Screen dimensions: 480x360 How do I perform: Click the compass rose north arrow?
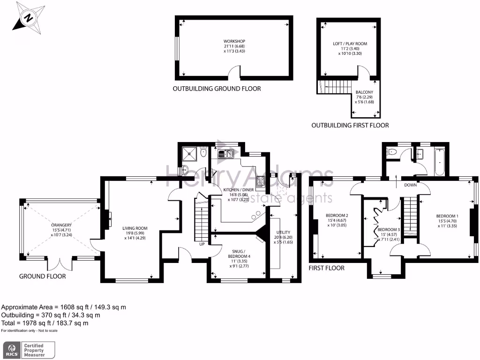click(29, 18)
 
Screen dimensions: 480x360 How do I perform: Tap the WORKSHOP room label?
click(234, 41)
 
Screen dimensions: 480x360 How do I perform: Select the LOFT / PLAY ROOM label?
click(350, 44)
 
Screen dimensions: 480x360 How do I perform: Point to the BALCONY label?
click(364, 92)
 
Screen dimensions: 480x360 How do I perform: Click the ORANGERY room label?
click(61, 225)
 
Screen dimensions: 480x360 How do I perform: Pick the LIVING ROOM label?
click(135, 228)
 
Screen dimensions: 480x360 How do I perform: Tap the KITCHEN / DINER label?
click(239, 190)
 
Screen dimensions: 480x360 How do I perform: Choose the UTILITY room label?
click(283, 232)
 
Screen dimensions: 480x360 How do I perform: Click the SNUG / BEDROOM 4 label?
click(239, 254)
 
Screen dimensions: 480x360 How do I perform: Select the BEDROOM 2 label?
click(337, 216)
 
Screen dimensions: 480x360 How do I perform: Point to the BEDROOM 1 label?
click(447, 216)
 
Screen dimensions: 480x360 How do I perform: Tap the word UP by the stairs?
click(202, 244)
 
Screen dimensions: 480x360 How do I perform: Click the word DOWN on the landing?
click(410, 185)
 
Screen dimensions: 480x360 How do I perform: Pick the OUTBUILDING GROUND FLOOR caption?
click(217, 89)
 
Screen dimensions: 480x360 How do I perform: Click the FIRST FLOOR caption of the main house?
click(326, 268)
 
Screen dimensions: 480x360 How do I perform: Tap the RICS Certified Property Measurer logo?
click(29, 350)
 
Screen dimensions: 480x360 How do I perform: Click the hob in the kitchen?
click(261, 181)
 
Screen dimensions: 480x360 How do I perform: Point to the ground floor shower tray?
click(189, 154)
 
